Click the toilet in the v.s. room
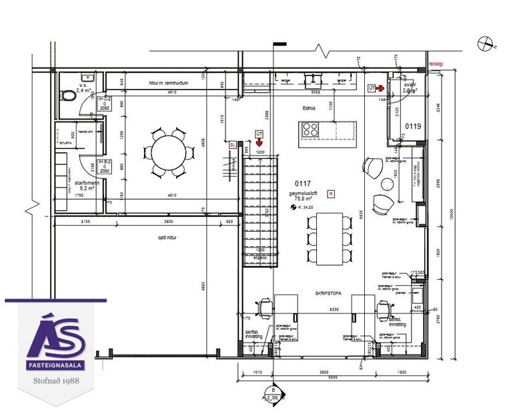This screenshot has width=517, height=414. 69,96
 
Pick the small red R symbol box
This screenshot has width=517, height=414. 331,194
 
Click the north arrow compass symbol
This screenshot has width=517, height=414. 485,44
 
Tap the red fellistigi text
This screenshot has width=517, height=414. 440,58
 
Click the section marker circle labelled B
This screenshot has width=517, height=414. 273,390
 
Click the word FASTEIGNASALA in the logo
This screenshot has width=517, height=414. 56,367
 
